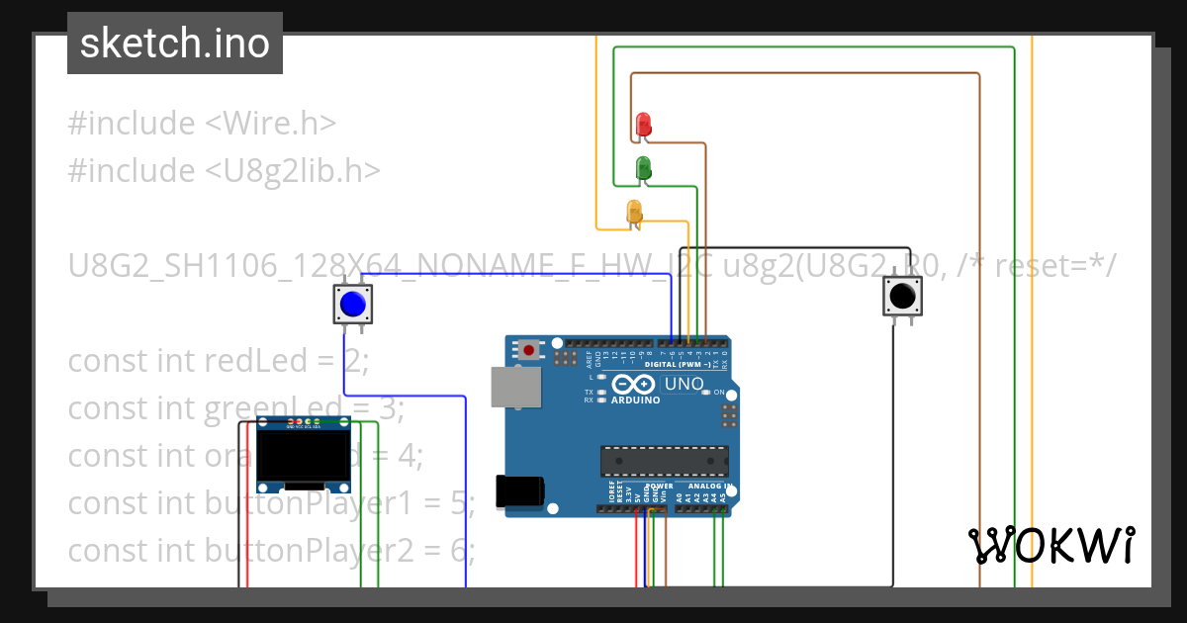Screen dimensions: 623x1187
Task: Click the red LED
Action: click(x=644, y=124)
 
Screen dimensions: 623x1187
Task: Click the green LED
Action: click(x=643, y=167)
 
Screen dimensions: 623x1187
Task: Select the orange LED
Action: click(x=634, y=212)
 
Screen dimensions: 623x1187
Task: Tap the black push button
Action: click(x=902, y=296)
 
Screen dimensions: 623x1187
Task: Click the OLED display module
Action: click(x=304, y=455)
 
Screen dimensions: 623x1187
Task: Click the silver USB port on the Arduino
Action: click(x=516, y=387)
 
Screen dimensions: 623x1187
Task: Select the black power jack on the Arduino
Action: click(x=520, y=491)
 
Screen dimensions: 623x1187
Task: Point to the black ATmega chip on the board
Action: click(x=665, y=460)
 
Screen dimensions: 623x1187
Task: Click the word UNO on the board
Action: click(x=684, y=384)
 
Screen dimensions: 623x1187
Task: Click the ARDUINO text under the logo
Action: click(x=635, y=400)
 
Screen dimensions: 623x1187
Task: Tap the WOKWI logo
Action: click(x=1051, y=545)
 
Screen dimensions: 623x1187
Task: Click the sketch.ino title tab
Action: click(x=175, y=44)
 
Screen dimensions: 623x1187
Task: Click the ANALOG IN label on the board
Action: click(x=712, y=487)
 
